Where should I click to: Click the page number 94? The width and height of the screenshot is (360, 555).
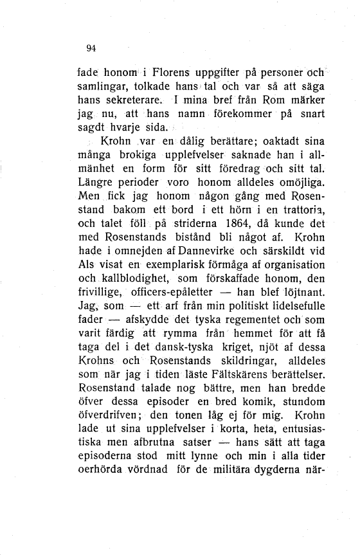pos(91,48)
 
